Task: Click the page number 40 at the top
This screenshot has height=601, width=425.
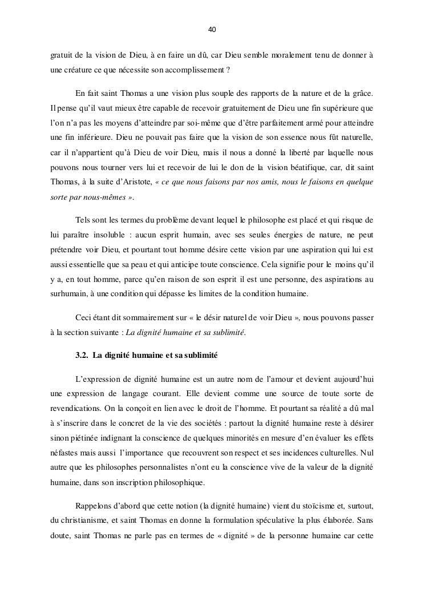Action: pyautogui.click(x=212, y=29)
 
